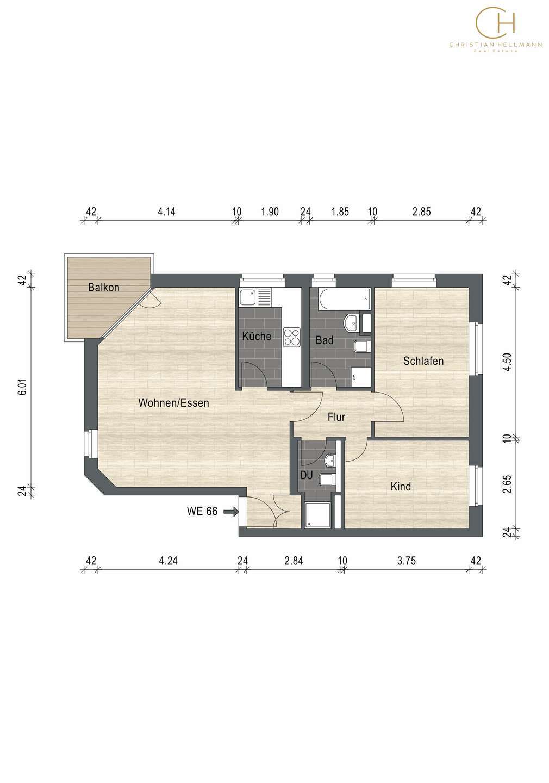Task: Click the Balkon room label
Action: coord(104,288)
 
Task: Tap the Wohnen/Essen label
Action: coord(174,403)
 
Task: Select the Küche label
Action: coord(257,336)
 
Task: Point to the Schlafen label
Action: coord(423,361)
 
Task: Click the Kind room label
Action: coord(401,486)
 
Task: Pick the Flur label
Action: coord(336,417)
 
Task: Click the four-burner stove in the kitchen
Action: coord(291,337)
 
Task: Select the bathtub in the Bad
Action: coord(344,299)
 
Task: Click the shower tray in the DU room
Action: coord(317,515)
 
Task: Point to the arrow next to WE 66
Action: coord(230,512)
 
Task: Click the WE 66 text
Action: coord(202,511)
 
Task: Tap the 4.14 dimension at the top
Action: coord(166,212)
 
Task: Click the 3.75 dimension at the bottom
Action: coord(407,561)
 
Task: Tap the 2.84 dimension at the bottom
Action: coord(294,561)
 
